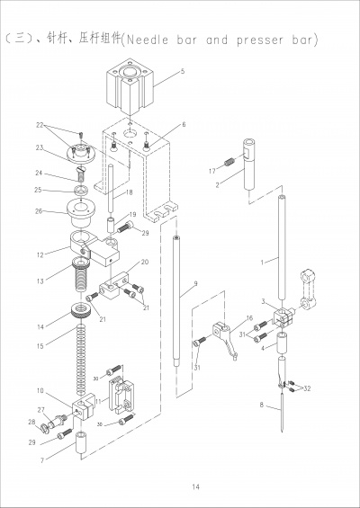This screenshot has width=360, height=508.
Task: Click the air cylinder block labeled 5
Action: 130,86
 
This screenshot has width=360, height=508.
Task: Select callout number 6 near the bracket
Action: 184,124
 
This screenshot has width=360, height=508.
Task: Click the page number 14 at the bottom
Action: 195,486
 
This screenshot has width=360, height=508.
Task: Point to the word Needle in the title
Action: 148,40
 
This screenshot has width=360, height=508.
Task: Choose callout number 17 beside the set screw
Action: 212,171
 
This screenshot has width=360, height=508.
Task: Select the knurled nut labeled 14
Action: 81,309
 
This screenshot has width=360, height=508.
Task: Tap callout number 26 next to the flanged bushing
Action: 39,211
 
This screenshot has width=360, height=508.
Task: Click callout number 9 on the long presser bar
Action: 195,284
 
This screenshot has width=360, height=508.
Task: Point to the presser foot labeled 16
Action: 226,340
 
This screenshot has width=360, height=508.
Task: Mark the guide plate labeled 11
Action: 121,396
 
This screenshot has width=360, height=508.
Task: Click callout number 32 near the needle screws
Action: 307,388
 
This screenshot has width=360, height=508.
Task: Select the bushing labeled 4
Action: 282,343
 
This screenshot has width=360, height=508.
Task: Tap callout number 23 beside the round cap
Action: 40,147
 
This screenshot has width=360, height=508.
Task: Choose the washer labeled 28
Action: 44,429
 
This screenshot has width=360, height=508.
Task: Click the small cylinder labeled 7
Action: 80,442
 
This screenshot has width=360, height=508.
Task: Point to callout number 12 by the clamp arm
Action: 40,255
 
